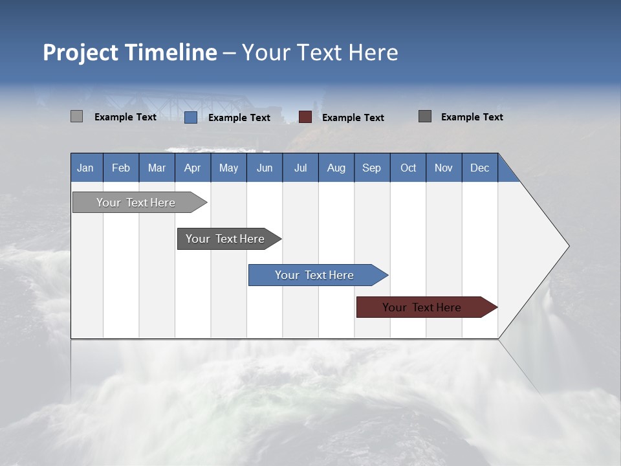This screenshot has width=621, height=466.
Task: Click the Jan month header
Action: (x=86, y=168)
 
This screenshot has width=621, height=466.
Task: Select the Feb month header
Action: (x=121, y=168)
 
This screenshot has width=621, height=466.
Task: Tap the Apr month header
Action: (x=192, y=168)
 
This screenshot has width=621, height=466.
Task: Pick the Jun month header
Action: (x=264, y=168)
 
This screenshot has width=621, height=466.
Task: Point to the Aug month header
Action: (x=336, y=168)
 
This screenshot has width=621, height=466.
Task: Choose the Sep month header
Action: (x=371, y=168)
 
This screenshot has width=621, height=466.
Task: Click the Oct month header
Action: (x=408, y=168)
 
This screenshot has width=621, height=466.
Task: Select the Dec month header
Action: (x=479, y=168)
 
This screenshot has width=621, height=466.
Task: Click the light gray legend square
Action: (x=76, y=116)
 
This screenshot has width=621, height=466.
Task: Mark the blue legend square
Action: (x=190, y=117)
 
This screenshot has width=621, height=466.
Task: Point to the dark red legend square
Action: (x=305, y=117)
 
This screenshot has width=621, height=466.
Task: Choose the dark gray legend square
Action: (x=425, y=116)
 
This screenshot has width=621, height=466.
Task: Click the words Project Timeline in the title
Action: (x=129, y=52)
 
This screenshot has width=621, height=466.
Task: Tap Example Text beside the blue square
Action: (x=239, y=118)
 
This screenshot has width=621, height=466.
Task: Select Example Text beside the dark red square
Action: (x=353, y=118)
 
